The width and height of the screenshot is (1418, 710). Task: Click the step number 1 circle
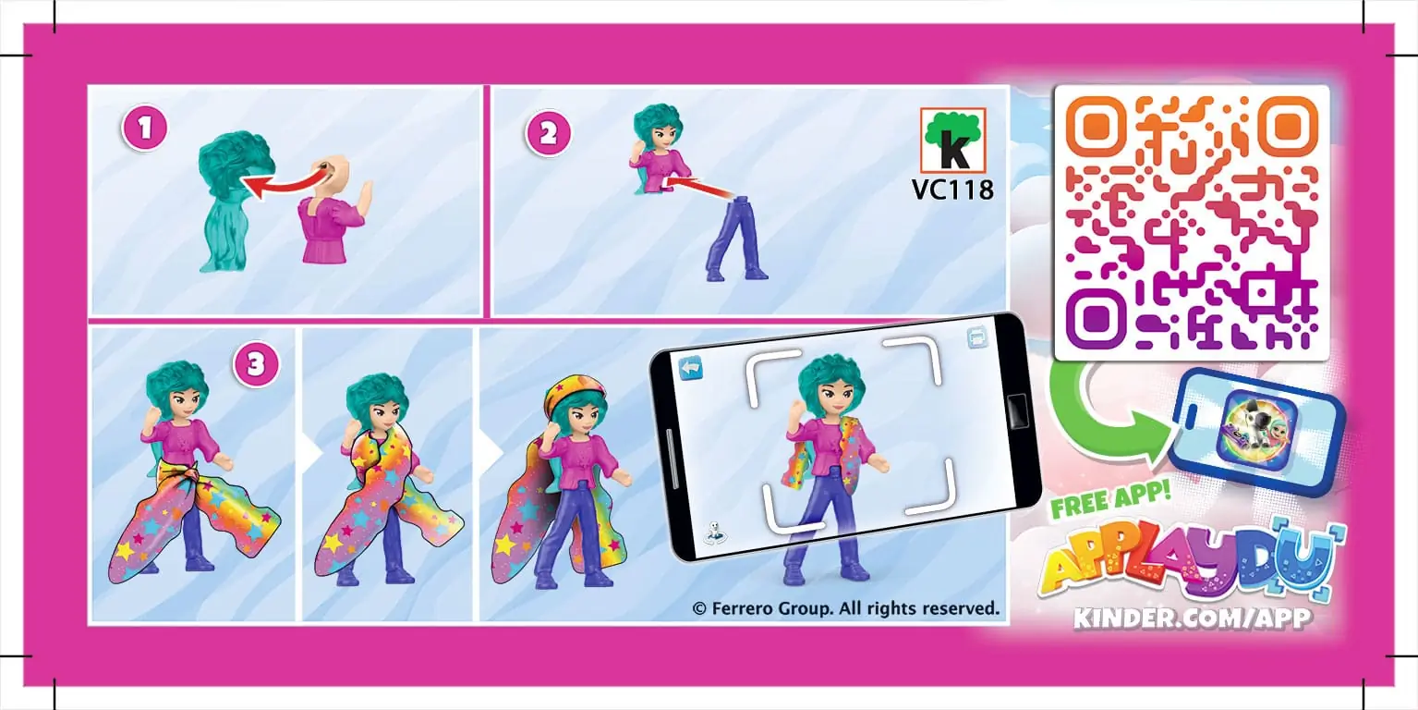pyautogui.click(x=144, y=129)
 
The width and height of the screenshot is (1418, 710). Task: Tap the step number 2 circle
pyautogui.click(x=548, y=134)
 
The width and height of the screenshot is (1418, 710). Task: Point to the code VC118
pyautogui.click(x=952, y=190)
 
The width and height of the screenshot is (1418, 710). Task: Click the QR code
pyautogui.click(x=1191, y=222)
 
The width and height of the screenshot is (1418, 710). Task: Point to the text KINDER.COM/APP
pyautogui.click(x=1192, y=618)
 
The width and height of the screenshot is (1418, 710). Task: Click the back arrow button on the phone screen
pyautogui.click(x=690, y=368)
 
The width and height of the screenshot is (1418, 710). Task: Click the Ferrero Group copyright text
pyautogui.click(x=845, y=608)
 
